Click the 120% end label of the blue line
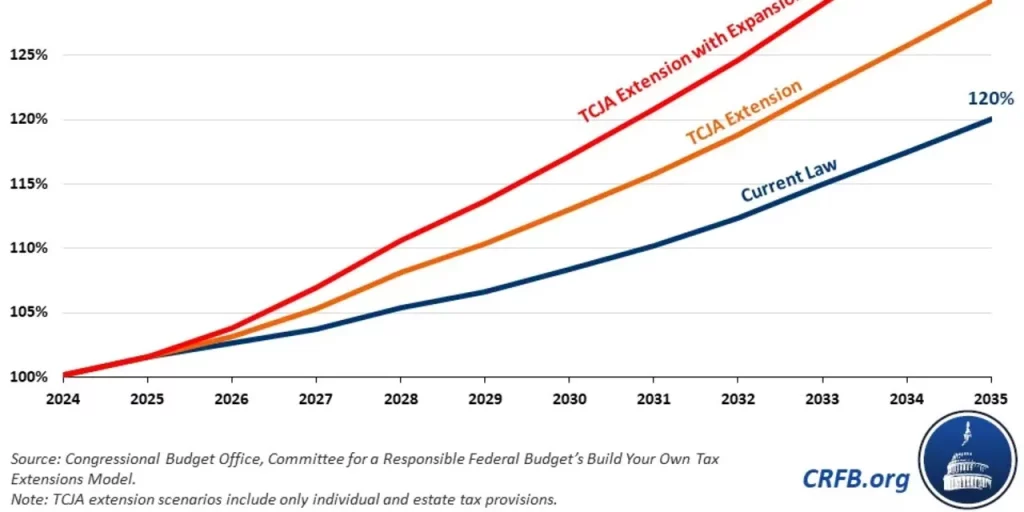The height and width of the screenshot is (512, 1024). coord(990,99)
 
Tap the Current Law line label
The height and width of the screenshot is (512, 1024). coord(788,180)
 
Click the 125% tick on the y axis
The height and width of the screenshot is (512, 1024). coord(29,54)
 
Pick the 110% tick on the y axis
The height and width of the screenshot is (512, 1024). coord(29,248)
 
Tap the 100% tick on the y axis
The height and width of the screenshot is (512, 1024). coord(29,377)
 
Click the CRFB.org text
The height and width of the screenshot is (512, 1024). coord(856,479)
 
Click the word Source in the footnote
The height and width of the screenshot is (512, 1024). coord(35,458)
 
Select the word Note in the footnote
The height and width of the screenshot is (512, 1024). coord(29,498)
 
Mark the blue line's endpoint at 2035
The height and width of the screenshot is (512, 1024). coord(990,119)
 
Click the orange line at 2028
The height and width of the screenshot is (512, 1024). coord(400,272)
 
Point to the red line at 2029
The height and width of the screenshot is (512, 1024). coord(485,201)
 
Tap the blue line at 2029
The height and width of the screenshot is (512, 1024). coord(485,292)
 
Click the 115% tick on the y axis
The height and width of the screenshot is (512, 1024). coord(29,184)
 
